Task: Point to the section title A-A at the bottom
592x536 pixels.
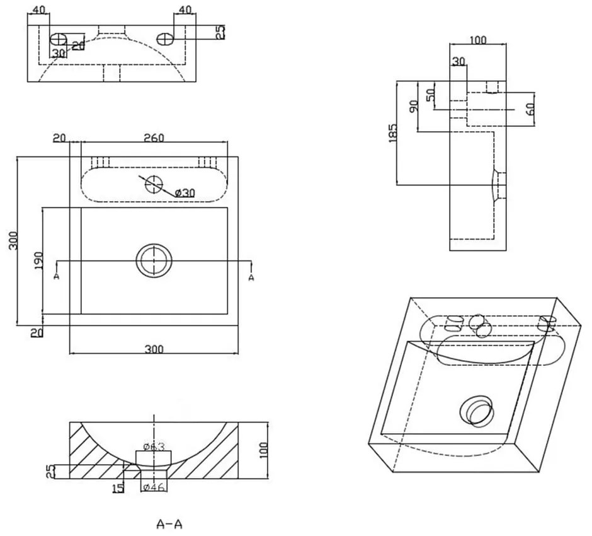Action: tap(170, 523)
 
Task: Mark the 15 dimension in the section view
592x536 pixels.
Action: tap(117, 487)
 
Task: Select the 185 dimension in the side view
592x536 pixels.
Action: tap(392, 133)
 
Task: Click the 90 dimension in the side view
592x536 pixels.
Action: tap(413, 106)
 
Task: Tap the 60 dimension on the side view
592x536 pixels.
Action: tap(530, 108)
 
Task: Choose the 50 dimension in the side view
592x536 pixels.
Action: tap(431, 96)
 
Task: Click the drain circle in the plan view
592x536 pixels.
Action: tap(154, 260)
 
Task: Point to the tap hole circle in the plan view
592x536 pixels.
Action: tap(154, 184)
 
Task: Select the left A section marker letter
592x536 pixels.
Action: tap(57, 277)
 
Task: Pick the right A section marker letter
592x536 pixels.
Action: tap(251, 277)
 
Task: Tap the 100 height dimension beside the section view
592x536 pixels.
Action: tap(263, 449)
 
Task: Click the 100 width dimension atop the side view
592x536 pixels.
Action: tap(478, 40)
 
